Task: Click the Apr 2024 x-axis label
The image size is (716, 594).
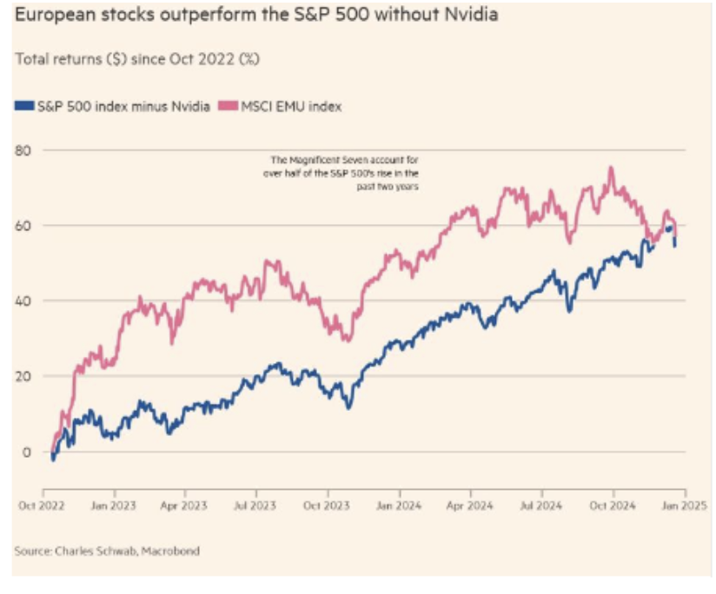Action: [x=471, y=503]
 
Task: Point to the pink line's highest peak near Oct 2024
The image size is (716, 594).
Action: [x=612, y=168]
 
